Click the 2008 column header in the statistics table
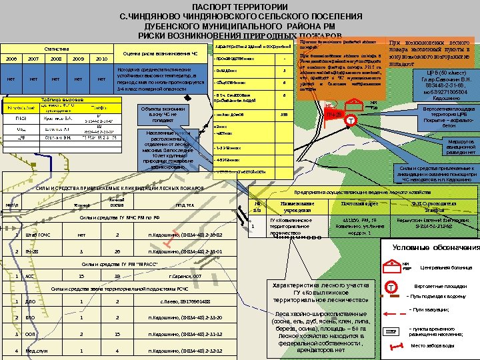[55, 59]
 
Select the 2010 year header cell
[101, 59]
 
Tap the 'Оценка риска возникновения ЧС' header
[161, 54]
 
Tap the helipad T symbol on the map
[351, 121]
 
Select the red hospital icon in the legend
[389, 266]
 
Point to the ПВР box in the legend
[391, 331]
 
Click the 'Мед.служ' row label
[36, 350]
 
